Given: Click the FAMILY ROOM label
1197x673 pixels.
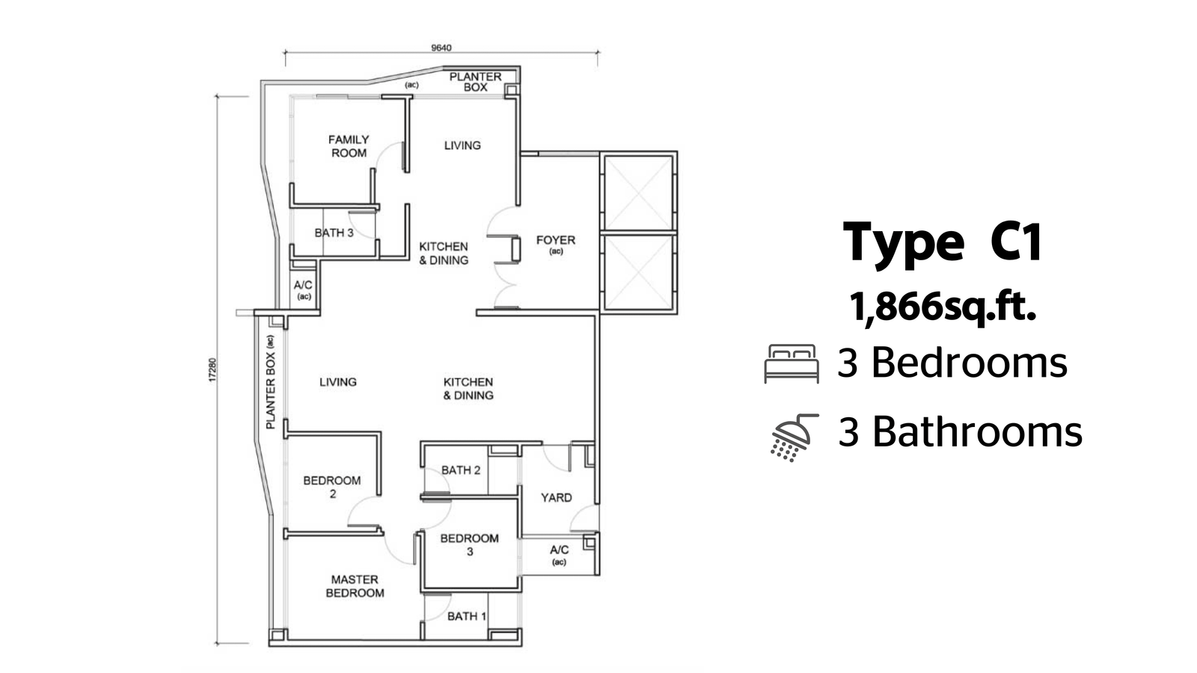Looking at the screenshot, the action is [349, 147].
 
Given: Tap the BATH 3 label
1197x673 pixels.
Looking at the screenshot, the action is [334, 233].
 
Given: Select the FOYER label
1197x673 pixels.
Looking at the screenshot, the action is [556, 240].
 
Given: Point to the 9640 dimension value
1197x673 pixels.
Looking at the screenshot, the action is [441, 48].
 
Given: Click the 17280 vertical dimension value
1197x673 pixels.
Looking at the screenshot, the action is [212, 369].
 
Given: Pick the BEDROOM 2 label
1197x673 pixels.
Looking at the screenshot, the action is [332, 487].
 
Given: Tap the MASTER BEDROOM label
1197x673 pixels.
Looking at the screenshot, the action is [355, 586].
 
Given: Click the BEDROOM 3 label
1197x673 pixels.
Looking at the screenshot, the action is [469, 544].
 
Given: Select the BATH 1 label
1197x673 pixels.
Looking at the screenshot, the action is [467, 616].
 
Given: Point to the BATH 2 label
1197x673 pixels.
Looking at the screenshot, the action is [461, 470].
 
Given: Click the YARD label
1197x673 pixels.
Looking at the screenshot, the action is [557, 498].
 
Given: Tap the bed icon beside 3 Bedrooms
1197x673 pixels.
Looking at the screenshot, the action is [792, 363].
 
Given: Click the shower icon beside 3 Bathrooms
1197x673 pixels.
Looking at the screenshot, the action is [794, 437].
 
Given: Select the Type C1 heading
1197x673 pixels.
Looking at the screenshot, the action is [943, 242].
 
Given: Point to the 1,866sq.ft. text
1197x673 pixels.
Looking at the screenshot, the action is [943, 307].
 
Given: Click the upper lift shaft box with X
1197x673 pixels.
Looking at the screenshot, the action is [639, 193].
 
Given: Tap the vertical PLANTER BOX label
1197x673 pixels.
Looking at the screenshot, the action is [270, 382].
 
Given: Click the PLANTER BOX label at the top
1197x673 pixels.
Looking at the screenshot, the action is [476, 82].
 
